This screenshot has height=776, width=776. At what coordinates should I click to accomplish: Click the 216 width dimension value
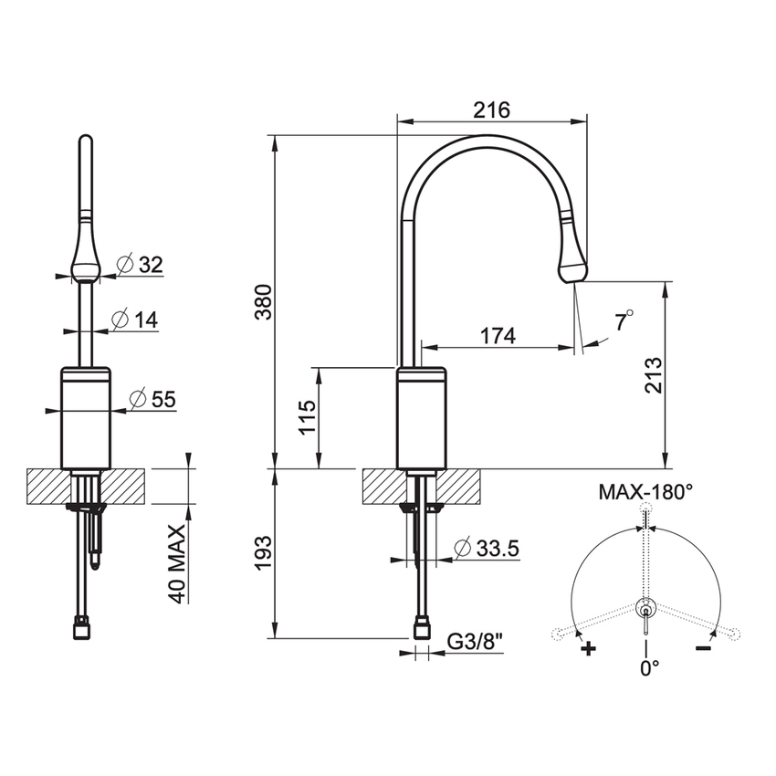491,110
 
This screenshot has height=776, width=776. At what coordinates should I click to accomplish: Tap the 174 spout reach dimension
498,336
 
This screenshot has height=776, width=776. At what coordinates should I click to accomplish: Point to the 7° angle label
624,321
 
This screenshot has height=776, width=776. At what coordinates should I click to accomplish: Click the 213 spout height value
653,374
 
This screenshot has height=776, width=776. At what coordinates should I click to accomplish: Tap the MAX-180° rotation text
645,492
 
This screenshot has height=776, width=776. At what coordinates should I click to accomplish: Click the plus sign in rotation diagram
589,649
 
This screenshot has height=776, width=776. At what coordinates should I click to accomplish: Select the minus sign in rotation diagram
703,648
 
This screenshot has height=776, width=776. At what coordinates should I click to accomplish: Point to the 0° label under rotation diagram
648,668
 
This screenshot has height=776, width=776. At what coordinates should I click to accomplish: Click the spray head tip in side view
572,268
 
